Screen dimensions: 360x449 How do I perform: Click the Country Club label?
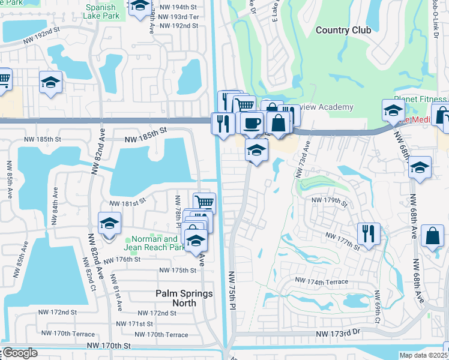343,30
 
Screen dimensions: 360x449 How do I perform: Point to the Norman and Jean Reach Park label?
155,243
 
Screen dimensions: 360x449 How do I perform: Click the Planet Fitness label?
421,99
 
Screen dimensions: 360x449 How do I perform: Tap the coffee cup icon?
253,123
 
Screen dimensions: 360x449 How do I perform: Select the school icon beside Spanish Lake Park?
140,7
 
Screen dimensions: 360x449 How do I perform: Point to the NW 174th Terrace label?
321,280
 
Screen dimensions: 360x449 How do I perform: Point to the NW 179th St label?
329,202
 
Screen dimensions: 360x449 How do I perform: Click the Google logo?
20,353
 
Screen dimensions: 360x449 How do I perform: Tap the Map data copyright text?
424,355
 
